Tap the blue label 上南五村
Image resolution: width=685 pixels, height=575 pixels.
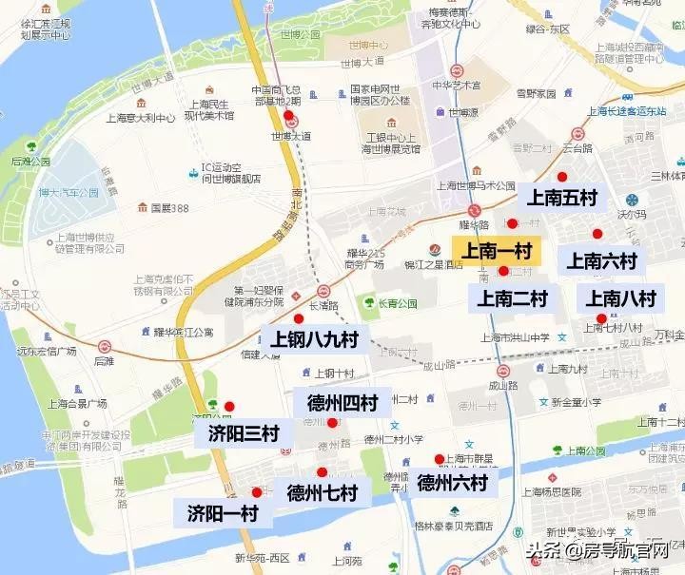[x=561, y=198]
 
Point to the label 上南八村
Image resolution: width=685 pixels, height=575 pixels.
[x=621, y=298]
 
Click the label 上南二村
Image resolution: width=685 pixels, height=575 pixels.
[x=513, y=298]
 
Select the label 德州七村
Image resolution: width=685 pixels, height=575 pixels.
[x=322, y=492]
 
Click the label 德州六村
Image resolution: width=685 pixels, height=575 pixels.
[x=452, y=483]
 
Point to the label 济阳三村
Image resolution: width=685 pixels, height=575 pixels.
[x=243, y=434]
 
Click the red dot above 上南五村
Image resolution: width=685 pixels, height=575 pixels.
[x=562, y=176]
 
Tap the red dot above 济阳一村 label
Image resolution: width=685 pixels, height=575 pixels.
[x=256, y=491]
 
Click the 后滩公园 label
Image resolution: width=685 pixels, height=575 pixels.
[x=30, y=162]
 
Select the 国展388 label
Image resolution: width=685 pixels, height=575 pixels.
[x=169, y=207]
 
